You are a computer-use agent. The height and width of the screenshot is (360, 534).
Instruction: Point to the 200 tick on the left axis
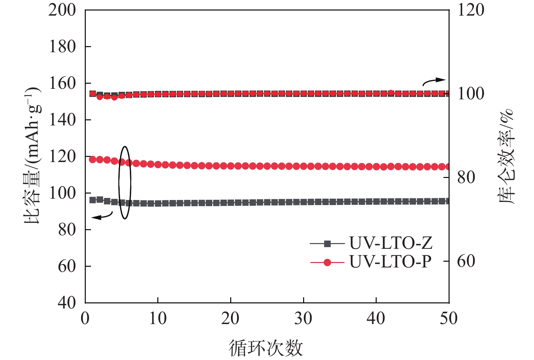click(x=62, y=10)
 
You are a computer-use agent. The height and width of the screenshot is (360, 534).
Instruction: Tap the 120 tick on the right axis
click(x=471, y=10)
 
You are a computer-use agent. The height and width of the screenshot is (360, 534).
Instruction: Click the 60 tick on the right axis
click(x=466, y=261)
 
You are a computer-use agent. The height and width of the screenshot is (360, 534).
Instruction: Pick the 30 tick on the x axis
click(x=303, y=319)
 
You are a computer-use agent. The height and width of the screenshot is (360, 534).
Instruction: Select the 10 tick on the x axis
click(x=158, y=319)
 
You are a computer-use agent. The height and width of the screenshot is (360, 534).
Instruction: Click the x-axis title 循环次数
click(x=265, y=348)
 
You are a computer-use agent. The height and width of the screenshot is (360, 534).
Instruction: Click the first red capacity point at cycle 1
click(x=93, y=159)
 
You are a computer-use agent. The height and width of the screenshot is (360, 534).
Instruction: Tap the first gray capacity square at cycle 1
click(x=93, y=200)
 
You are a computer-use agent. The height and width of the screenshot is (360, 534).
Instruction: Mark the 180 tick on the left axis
click(x=62, y=47)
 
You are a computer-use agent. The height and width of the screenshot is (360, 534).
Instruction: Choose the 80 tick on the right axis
click(x=466, y=177)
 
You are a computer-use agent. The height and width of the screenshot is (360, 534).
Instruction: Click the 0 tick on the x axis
click(x=85, y=319)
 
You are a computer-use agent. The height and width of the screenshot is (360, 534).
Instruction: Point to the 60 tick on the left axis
click(x=66, y=266)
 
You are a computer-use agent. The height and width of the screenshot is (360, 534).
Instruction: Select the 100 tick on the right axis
click(x=471, y=94)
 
